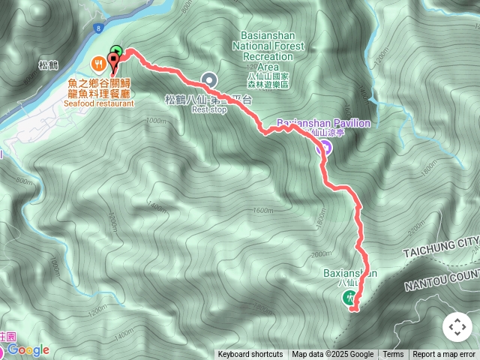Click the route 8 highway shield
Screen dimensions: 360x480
pos(98,28)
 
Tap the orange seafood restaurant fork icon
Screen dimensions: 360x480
pos(98,63)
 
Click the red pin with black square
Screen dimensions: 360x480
pos(112,61)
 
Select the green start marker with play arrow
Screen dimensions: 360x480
pos(115,52)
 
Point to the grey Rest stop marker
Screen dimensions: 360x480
pos(209,79)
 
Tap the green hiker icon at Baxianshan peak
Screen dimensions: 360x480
pos(350,298)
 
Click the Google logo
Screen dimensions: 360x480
pos(28,349)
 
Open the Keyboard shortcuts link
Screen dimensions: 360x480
pos(250,355)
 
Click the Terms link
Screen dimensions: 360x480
pos(393,355)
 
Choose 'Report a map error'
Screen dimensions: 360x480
pos(444,355)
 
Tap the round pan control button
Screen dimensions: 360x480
pos(457,327)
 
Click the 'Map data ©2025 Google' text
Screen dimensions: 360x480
pos(332,355)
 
